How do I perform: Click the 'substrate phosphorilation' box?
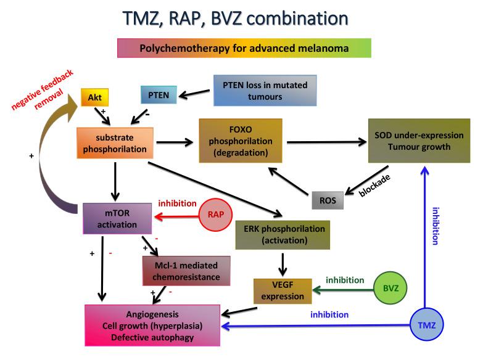click(x=114, y=142)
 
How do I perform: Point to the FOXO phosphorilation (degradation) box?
click(x=241, y=141)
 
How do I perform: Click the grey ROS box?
click(x=327, y=200)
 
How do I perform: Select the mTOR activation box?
click(x=117, y=219)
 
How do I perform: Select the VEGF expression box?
click(x=280, y=290)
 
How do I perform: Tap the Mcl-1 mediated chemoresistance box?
click(x=186, y=272)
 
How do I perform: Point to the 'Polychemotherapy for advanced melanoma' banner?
click(x=244, y=47)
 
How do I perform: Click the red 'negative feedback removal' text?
click(x=43, y=90)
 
